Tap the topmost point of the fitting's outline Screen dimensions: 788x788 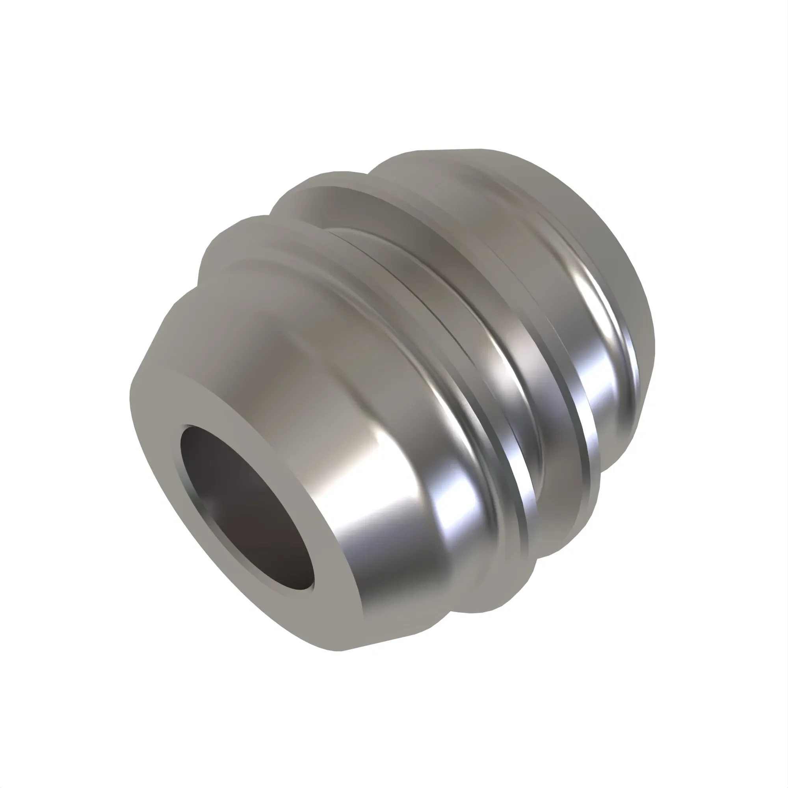click(x=477, y=149)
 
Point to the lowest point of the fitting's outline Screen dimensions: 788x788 click(x=338, y=651)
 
